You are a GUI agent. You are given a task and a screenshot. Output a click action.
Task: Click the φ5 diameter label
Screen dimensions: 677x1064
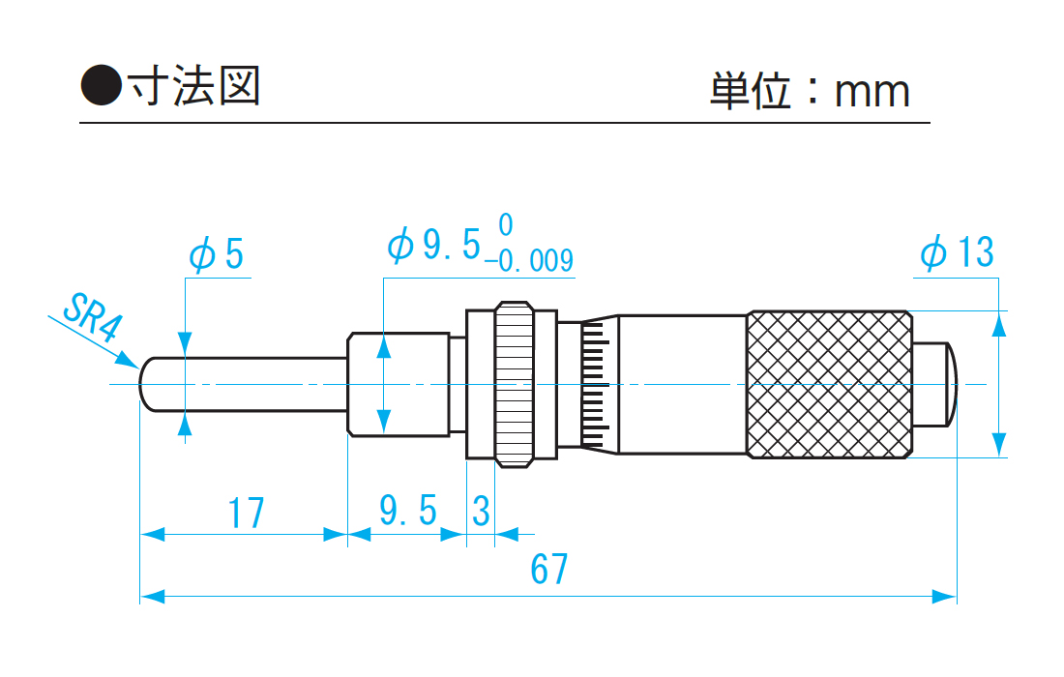pos(217,254)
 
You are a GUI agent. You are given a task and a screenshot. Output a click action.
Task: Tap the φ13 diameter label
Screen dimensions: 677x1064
pos(957,253)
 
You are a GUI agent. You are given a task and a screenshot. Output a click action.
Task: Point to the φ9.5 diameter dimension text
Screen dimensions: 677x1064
pos(434,246)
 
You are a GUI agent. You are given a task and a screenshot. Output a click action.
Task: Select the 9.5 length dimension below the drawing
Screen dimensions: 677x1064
pos(407,511)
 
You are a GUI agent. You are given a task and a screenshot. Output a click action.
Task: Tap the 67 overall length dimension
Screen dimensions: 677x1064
pos(548,571)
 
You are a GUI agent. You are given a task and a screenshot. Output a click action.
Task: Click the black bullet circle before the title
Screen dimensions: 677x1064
pos(101,86)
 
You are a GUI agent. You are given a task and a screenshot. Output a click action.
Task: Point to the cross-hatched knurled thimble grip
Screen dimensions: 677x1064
pos(829,384)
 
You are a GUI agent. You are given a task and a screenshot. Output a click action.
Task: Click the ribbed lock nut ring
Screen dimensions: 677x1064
pos(513,384)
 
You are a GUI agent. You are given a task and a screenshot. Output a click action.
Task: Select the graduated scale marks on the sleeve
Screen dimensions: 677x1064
pos(596,384)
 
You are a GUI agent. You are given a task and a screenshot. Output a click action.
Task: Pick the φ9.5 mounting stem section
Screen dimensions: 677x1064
pos(397,384)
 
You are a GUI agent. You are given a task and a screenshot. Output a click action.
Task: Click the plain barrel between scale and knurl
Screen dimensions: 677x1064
pos(681,384)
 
